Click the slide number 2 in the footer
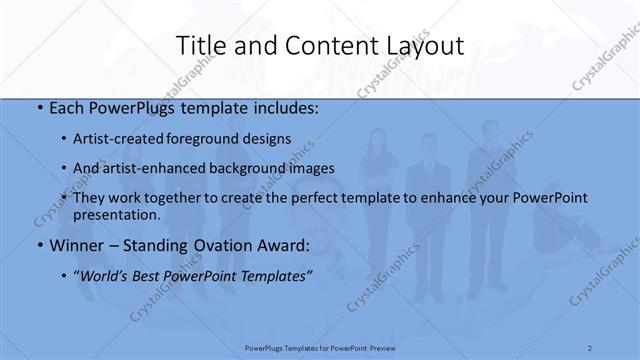591,347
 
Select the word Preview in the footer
383,347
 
